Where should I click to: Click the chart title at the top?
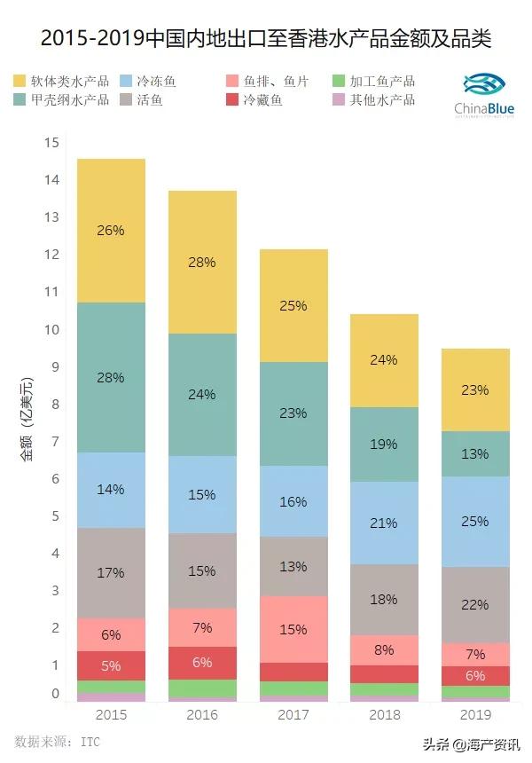click(x=266, y=40)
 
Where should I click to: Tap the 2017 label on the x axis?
click(x=293, y=714)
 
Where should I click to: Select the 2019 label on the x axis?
click(x=476, y=714)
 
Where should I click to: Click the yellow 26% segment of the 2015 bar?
click(x=111, y=231)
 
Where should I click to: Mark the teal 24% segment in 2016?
click(x=202, y=395)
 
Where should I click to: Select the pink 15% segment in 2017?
click(x=293, y=629)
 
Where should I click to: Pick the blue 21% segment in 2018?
click(x=384, y=523)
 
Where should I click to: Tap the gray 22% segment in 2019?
click(x=475, y=604)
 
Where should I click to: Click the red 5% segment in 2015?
click(x=111, y=665)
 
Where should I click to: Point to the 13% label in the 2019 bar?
click(x=475, y=453)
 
